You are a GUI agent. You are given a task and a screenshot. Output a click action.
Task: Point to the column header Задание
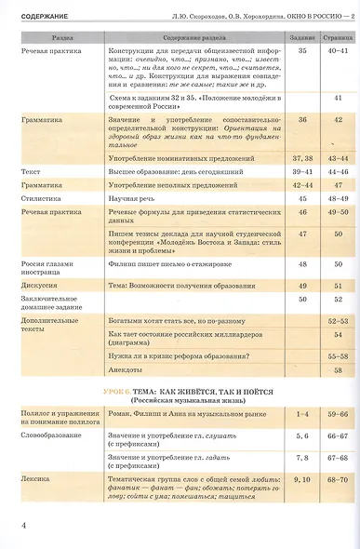302,37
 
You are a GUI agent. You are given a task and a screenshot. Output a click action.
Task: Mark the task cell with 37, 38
302,160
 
